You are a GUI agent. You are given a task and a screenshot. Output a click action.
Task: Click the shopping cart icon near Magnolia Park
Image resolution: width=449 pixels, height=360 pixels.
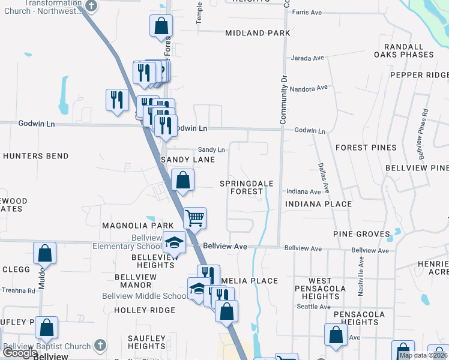(x=194, y=217)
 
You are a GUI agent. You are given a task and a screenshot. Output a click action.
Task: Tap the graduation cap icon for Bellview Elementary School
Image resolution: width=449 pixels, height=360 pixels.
(x=174, y=242)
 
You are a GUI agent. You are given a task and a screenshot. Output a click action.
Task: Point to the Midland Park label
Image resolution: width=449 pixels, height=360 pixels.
(x=258, y=33)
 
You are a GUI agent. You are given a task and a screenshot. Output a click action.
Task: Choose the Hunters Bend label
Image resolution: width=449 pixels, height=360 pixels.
(x=35, y=156)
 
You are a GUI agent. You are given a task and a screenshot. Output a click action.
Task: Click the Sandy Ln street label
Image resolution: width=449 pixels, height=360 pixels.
(x=211, y=150)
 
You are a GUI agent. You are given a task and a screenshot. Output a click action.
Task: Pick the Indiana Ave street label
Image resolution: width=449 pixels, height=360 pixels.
(x=303, y=192)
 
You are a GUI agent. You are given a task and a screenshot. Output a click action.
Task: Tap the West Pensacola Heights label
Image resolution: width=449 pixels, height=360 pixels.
(x=320, y=289)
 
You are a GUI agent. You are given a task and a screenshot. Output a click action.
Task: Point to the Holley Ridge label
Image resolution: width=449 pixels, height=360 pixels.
(x=145, y=310)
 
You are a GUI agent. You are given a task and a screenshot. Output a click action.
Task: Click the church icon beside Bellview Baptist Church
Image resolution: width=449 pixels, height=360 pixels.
(x=100, y=346)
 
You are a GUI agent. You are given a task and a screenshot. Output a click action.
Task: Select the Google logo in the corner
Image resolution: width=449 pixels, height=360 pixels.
(x=20, y=353)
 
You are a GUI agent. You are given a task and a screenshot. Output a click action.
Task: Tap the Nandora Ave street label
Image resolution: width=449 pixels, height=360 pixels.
(x=309, y=88)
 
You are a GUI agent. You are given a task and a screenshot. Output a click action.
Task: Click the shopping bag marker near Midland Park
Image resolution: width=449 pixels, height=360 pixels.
(x=161, y=26)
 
